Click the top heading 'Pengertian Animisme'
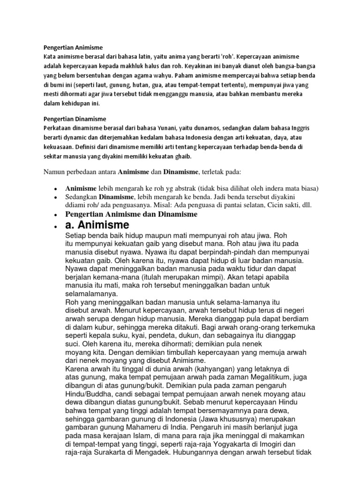pyautogui.click(x=73, y=48)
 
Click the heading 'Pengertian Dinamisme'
pyautogui.click(x=75, y=119)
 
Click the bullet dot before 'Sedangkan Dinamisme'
pyautogui.click(x=55, y=197)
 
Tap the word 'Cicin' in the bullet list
pyautogui.click(x=263, y=205)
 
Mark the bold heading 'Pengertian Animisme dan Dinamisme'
pyautogui.click(x=131, y=214)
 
